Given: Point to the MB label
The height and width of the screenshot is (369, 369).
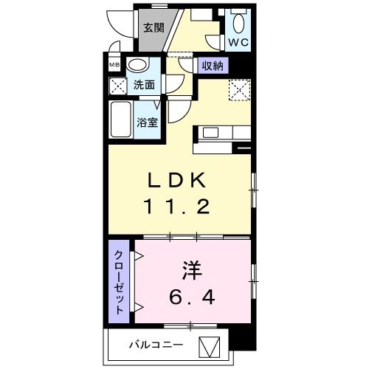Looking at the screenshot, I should [x=114, y=64].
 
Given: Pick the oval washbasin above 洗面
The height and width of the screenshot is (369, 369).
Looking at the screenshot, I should [x=137, y=66].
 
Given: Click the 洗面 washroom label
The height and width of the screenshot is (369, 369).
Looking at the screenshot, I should [x=145, y=85].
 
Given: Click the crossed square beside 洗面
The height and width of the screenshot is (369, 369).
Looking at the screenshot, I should [x=117, y=86].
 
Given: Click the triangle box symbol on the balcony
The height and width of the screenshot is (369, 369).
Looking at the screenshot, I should [x=211, y=345].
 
